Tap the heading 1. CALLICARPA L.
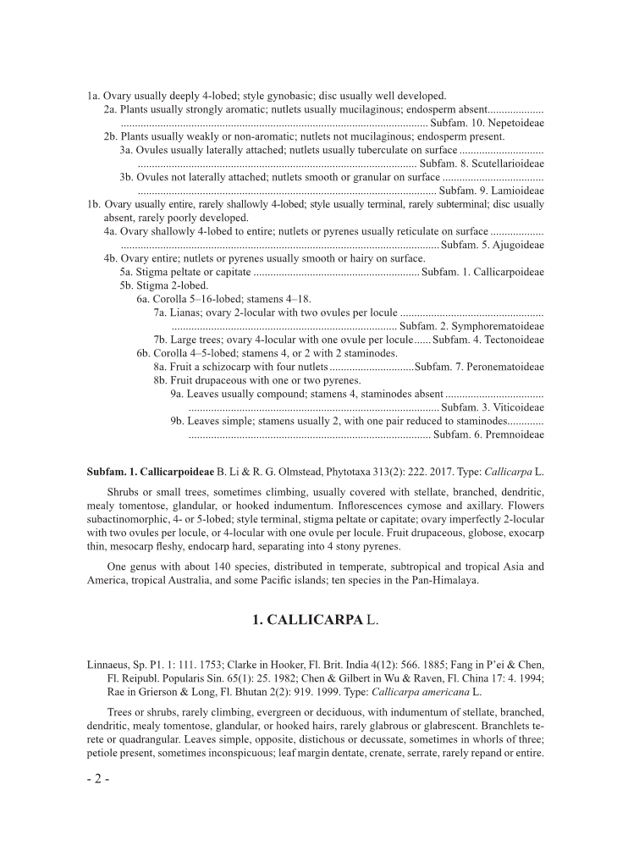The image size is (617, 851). click(x=316, y=620)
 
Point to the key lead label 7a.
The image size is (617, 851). click(x=161, y=312)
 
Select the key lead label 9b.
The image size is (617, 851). click(x=177, y=421)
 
